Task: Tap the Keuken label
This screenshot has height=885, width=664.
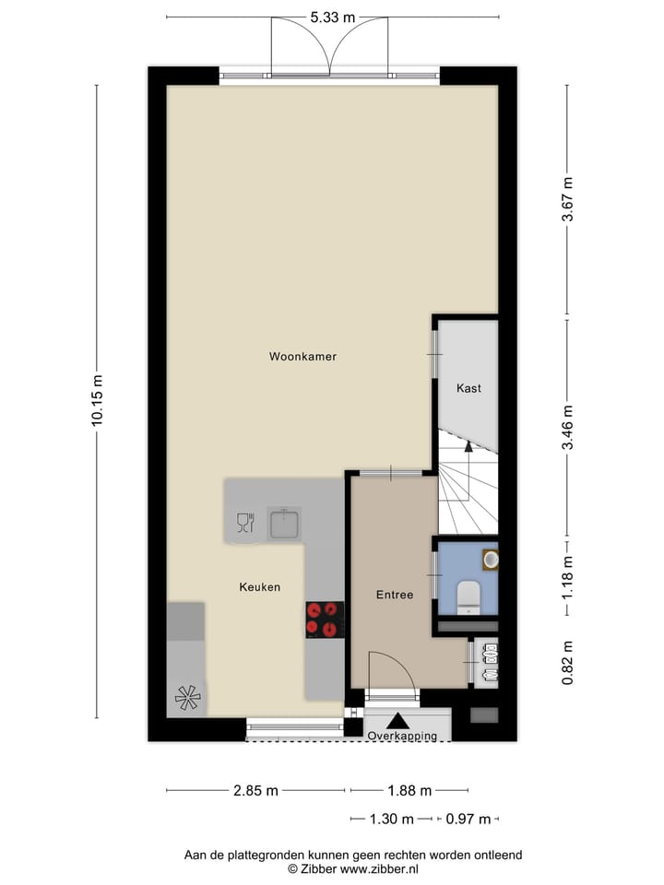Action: coord(259,586)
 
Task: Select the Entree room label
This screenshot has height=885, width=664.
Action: coord(394,595)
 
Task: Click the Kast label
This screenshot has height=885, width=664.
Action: coord(468,388)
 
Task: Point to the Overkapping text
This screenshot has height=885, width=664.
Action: coord(407,737)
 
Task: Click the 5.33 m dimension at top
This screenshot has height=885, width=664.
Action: coord(333,18)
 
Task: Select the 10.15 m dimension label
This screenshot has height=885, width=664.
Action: coord(97,399)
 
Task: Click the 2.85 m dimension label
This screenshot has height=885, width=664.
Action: coord(256,790)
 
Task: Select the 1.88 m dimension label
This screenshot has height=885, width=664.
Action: coord(409,790)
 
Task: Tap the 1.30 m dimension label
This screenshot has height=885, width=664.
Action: coord(390,818)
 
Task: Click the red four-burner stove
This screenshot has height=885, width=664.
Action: coord(325,619)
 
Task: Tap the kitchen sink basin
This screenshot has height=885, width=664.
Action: coord(284,525)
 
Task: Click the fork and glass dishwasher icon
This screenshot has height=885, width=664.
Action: coord(244,524)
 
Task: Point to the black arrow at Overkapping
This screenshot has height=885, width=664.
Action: coord(397,722)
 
